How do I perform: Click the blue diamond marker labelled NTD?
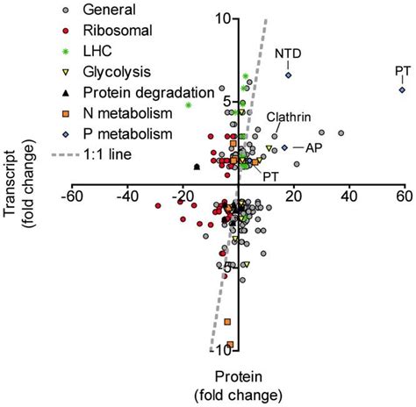(x=288, y=75)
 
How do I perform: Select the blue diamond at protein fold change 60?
(x=402, y=89)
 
